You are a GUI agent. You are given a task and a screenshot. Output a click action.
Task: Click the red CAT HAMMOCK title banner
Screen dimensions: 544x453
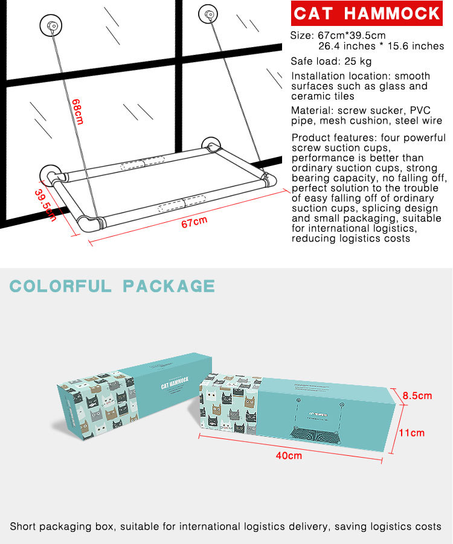click(367, 14)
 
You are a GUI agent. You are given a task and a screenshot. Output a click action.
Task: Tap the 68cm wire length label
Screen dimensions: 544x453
click(77, 111)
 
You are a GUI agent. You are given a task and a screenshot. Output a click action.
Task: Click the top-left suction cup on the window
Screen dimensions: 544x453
click(51, 26)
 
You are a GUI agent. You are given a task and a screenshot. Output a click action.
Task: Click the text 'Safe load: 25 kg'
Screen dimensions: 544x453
click(331, 61)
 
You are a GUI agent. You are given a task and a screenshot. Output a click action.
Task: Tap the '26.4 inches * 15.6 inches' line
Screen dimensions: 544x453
click(381, 46)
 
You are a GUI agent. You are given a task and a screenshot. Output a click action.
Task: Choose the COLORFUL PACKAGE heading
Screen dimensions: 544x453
click(112, 286)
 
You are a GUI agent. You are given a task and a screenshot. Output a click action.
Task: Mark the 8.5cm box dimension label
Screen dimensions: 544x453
click(417, 396)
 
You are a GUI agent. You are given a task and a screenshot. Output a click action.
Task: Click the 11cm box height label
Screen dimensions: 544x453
click(412, 433)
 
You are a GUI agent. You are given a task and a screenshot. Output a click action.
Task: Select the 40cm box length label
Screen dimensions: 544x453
click(289, 455)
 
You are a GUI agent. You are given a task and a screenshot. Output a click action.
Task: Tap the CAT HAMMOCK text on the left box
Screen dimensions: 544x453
click(175, 385)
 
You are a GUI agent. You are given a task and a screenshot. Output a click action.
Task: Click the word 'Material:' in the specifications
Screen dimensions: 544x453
click(312, 111)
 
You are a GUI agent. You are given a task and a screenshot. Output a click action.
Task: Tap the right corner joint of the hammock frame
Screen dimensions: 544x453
click(266, 179)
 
